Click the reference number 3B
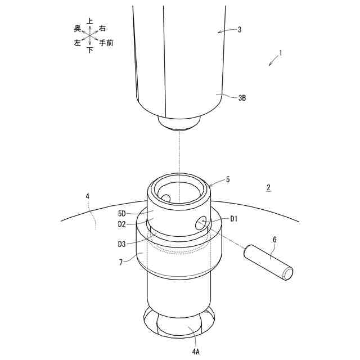[242, 98]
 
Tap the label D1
[234, 219]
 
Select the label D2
[122, 224]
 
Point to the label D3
[122, 244]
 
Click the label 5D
[122, 214]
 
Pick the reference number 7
[121, 262]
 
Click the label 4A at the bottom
[196, 351]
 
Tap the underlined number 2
[268, 187]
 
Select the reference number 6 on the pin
[274, 240]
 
